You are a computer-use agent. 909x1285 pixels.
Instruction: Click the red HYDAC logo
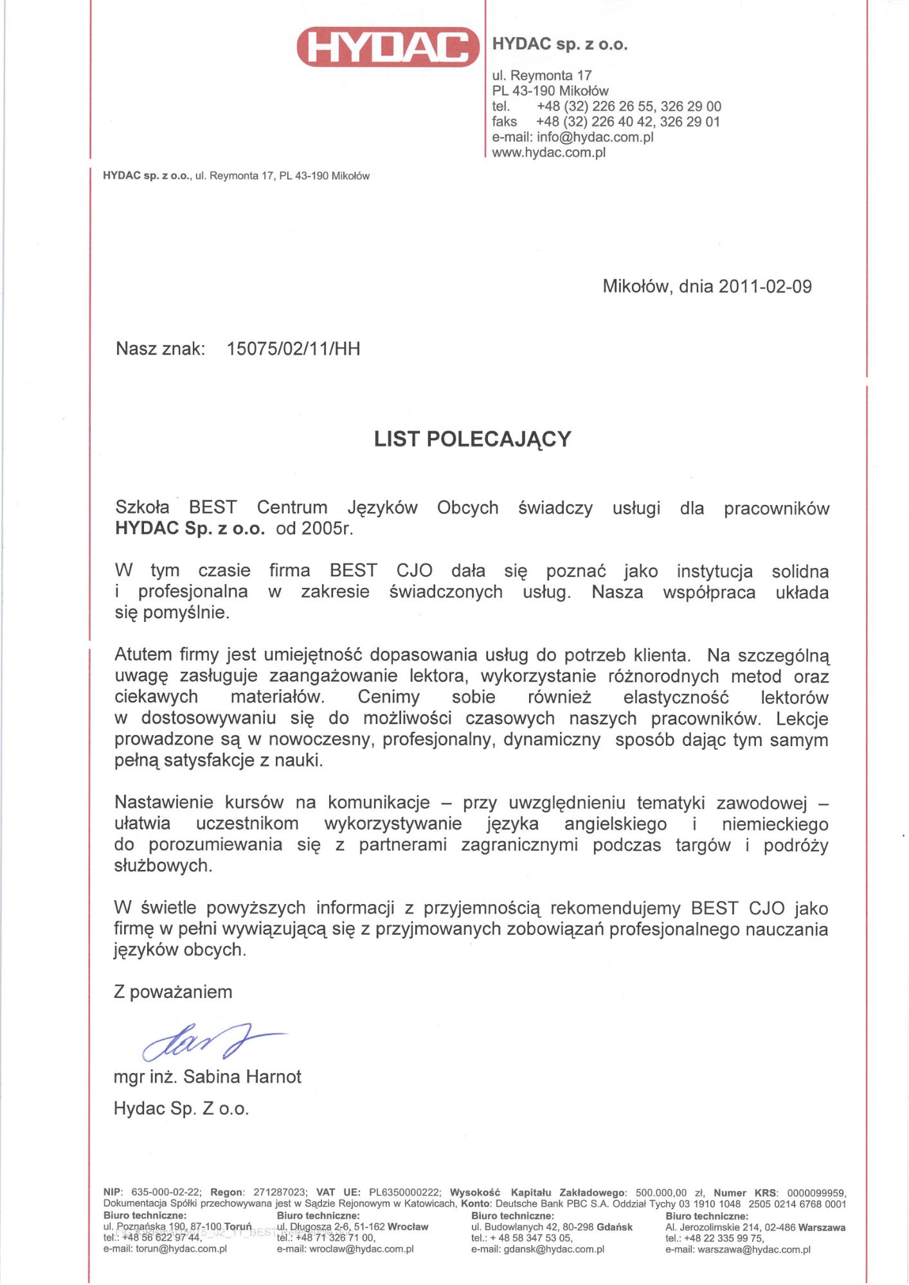388,47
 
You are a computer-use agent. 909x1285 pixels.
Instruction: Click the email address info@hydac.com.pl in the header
595,137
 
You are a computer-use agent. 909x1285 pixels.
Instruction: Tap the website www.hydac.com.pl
548,152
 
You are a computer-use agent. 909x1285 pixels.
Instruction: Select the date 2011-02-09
765,287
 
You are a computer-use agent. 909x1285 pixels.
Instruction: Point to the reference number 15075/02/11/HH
293,349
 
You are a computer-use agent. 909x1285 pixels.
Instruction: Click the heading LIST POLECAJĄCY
473,439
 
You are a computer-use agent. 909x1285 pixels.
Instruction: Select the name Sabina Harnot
242,1077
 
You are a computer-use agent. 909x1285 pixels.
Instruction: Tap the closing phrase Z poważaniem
173,992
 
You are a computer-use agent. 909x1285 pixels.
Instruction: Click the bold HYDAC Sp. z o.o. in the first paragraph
190,528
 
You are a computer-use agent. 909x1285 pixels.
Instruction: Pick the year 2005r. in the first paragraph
327,528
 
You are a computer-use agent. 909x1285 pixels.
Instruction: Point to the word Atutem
144,655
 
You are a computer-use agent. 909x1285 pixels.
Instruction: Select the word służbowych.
163,865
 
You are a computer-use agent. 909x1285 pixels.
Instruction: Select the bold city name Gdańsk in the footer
614,1227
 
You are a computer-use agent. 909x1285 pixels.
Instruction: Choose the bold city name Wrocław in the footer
408,1227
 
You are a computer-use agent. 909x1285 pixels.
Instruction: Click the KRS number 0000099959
816,1193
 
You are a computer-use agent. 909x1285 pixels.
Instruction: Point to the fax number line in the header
606,121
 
